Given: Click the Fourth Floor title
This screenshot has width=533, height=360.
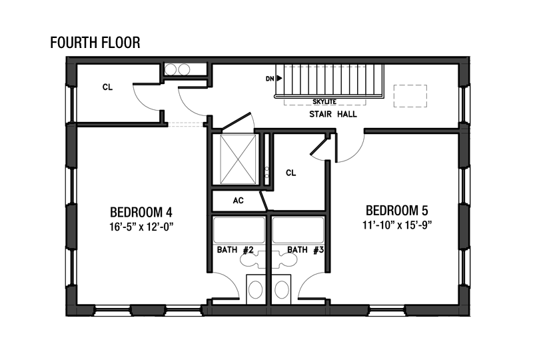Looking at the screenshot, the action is (95, 43).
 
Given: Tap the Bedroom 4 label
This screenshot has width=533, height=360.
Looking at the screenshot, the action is (141, 212).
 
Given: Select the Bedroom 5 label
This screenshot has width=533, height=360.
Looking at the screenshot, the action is (396, 211).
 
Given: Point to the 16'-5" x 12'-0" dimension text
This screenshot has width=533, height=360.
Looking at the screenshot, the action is (141, 227).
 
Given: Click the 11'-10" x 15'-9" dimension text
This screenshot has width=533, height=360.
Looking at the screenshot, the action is (397, 225).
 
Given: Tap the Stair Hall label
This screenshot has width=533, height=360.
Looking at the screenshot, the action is (333, 114).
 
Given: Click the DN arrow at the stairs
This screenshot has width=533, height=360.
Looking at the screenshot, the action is (279, 78).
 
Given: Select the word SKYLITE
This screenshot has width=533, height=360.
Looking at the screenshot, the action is (324, 101).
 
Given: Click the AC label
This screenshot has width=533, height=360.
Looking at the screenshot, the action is (239, 201).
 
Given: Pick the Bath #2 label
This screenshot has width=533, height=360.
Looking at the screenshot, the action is (235, 250).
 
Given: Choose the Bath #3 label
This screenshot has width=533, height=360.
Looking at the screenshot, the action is (305, 250).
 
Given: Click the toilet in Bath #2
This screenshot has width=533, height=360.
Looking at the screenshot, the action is (255, 289).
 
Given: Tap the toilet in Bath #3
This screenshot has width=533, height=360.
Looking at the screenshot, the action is (281, 289).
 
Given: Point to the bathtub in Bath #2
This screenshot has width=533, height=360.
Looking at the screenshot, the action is (239, 231).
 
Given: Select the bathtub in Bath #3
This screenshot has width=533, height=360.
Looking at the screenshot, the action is (298, 231).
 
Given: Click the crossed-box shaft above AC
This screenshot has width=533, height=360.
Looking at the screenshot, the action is (238, 159).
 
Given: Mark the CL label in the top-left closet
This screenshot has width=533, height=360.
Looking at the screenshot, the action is (107, 87).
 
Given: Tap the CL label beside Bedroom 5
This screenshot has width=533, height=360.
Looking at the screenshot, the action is (291, 173).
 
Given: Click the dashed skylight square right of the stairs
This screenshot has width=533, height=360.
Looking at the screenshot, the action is (410, 96).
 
